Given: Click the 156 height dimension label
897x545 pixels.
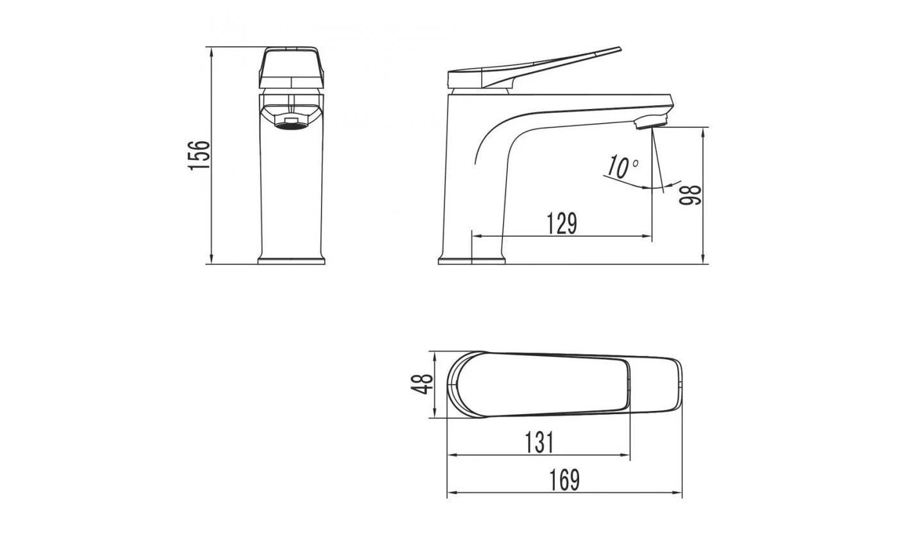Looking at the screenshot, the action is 199,155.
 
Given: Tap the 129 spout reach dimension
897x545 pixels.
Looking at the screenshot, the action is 562,224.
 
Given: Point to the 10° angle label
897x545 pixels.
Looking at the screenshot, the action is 622,167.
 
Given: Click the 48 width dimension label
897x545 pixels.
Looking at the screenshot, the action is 422,384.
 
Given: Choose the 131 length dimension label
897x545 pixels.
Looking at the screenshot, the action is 539,442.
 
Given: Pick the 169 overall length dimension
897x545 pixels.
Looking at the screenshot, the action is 564,480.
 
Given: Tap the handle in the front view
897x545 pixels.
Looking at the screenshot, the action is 291,67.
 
